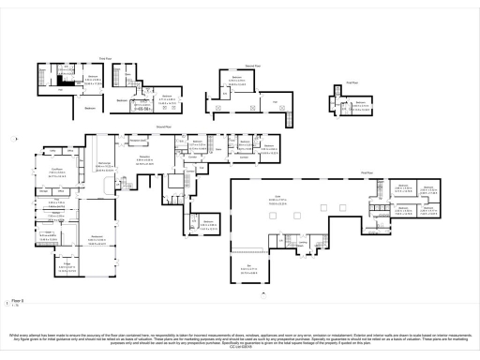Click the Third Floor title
coord(107,58)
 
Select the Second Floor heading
coord(252,66)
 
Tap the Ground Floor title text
coord(161,126)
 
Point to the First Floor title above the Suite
coord(367,172)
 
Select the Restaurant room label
coord(97,235)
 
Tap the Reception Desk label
coord(139,142)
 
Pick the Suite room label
coord(278,197)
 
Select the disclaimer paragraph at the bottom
coord(240,337)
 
